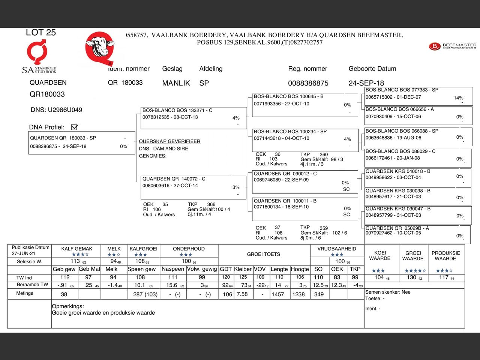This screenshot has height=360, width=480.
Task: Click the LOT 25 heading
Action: coord(40,33)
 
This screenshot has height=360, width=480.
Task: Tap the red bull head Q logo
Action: coord(100,48)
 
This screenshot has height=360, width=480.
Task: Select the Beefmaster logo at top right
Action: coord(452,46)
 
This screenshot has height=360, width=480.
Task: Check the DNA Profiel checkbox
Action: coord(74,127)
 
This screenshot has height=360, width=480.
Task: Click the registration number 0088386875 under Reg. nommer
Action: coord(308,83)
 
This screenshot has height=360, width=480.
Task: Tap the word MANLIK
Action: coord(176,83)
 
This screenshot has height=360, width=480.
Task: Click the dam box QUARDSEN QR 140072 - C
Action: coord(193,187)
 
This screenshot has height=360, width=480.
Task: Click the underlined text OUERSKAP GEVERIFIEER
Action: coord(169,141)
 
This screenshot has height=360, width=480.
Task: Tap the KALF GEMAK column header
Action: coord(76,249)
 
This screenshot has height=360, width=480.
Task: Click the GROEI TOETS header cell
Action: coord(263,254)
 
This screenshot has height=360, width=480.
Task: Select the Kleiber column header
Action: coord(243,269)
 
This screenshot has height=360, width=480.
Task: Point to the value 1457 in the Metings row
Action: coord(277,294)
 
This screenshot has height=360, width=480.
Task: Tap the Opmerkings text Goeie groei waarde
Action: coord(103,313)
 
